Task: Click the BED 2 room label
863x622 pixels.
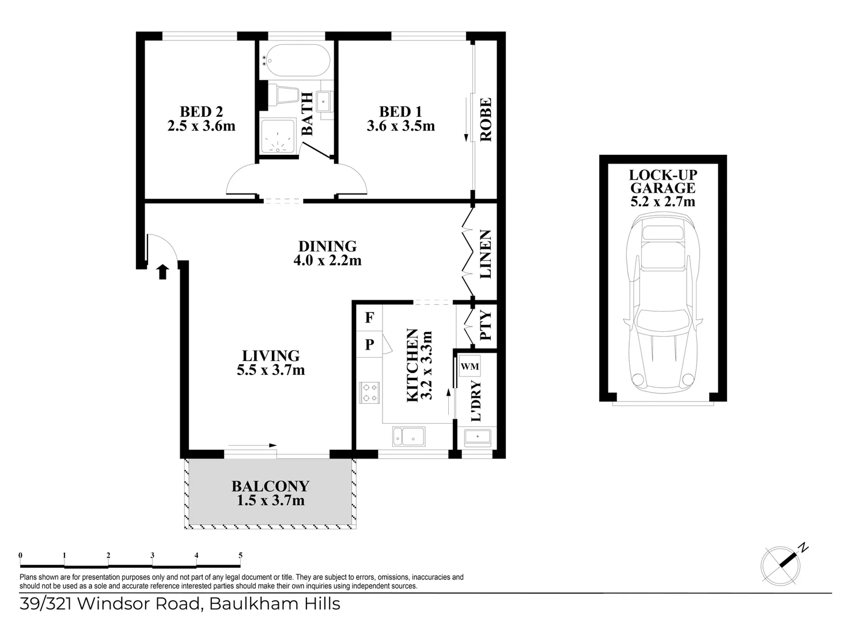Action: point(201,112)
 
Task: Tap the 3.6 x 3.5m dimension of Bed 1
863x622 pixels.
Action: point(400,126)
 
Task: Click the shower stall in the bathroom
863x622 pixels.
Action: point(277,136)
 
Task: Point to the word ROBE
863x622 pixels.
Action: point(486,120)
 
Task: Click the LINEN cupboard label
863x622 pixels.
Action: point(486,254)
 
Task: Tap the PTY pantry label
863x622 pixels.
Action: point(486,325)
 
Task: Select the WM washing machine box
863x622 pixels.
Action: point(470,366)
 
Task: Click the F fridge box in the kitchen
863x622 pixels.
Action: point(369,317)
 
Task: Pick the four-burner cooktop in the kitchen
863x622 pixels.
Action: point(369,392)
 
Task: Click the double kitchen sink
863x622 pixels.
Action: point(408,437)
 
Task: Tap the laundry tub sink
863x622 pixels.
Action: point(478,438)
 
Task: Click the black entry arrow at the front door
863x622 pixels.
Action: point(162,272)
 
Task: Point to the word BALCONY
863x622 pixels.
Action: point(270,487)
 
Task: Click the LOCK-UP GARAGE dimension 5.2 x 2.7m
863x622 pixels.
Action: point(663,202)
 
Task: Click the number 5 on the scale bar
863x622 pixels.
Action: point(240,556)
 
